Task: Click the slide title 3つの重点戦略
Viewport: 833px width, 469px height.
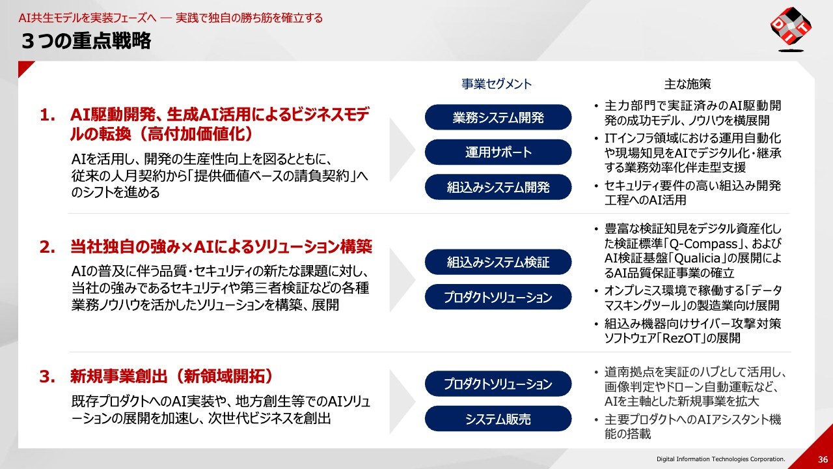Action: pyautogui.click(x=87, y=40)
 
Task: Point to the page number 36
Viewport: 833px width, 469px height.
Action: pyautogui.click(x=823, y=459)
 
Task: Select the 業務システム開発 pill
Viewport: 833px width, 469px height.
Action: pyautogui.click(x=498, y=117)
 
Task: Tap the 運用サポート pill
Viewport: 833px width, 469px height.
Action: pyautogui.click(x=498, y=152)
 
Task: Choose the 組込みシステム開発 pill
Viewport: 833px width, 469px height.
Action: pyautogui.click(x=498, y=187)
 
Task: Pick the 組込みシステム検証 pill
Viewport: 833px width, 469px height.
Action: pyautogui.click(x=498, y=262)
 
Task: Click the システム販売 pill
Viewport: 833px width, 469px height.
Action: pyautogui.click(x=498, y=419)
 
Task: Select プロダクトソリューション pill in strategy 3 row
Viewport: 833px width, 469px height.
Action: pyautogui.click(x=498, y=384)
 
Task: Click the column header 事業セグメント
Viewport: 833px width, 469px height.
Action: pyautogui.click(x=497, y=84)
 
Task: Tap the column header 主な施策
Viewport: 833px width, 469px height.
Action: pyautogui.click(x=688, y=84)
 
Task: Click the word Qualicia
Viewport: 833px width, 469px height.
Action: pyautogui.click(x=693, y=259)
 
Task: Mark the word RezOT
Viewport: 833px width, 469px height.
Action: pyautogui.click(x=681, y=338)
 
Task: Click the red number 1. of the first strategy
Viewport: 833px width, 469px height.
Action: pyautogui.click(x=48, y=115)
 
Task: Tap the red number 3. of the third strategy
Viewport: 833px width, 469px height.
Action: pyautogui.click(x=48, y=377)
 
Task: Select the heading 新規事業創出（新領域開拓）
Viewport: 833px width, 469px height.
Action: pyautogui.click(x=172, y=377)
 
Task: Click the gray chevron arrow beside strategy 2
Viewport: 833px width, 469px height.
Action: pyautogui.click(x=402, y=280)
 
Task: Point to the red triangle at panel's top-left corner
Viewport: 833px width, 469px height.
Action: pyautogui.click(x=24, y=67)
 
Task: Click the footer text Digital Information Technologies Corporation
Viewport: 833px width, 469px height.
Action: pyautogui.click(x=720, y=459)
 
